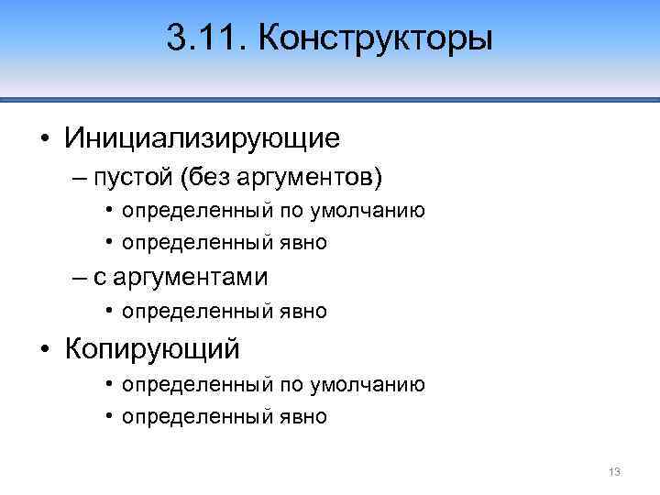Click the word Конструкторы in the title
[377, 41]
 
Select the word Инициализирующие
[203, 138]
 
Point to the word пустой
[137, 175]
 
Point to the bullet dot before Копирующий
[45, 348]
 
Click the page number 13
[614, 471]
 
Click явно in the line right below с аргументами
[302, 312]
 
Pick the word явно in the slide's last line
[302, 417]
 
